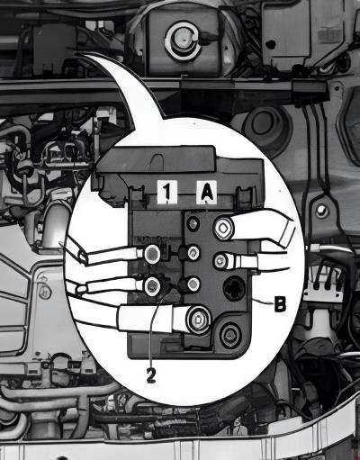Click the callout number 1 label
point(166,192)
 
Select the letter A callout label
point(207,192)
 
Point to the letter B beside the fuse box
point(280,304)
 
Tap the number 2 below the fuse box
point(151,374)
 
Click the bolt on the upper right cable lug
point(223,229)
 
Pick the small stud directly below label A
point(193,223)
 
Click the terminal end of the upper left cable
point(152,254)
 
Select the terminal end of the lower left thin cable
point(152,285)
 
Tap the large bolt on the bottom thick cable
point(198,319)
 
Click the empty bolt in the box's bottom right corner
point(230,334)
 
